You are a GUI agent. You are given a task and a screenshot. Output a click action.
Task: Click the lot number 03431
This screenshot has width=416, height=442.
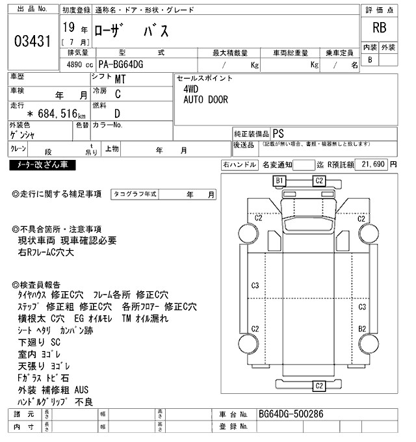(32, 40)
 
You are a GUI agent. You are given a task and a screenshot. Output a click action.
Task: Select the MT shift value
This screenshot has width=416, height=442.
(120, 80)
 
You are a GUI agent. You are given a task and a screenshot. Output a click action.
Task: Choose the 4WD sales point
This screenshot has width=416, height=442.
(191, 90)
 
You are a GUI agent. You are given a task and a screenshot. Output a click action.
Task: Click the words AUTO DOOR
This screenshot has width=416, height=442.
(205, 100)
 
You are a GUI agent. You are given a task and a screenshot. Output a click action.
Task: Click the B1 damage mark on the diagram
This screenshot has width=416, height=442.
(281, 180)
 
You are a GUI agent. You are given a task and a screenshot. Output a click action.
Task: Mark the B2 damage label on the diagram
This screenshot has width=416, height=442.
(362, 329)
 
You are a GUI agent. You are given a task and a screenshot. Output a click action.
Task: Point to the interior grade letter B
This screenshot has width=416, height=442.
(370, 60)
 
